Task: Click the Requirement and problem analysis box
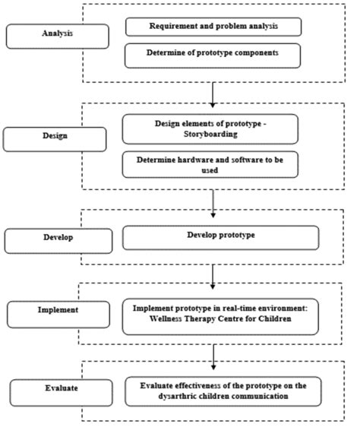(213, 26)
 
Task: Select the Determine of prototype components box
(213, 55)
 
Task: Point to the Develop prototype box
(221, 236)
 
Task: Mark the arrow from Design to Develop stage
(213, 200)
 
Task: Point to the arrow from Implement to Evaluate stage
(213, 351)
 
